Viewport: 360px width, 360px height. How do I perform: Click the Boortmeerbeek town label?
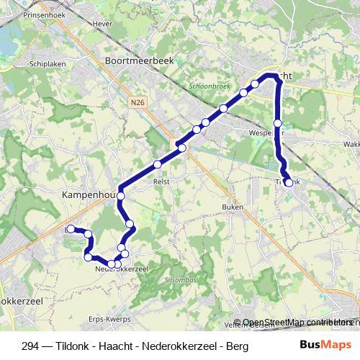[x=140, y=63]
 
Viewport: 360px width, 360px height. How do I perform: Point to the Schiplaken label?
[x=49, y=63]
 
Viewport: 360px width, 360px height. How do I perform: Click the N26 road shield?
[x=138, y=102]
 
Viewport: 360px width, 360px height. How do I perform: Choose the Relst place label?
[x=161, y=182]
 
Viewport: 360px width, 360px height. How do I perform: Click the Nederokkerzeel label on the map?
[x=121, y=269]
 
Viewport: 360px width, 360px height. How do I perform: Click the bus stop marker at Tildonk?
[x=289, y=183]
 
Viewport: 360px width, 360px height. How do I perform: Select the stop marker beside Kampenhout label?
[x=121, y=196]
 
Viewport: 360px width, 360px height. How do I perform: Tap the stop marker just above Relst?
[x=157, y=165]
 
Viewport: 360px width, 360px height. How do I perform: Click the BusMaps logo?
[x=325, y=345]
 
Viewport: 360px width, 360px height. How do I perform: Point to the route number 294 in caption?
[x=31, y=346]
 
